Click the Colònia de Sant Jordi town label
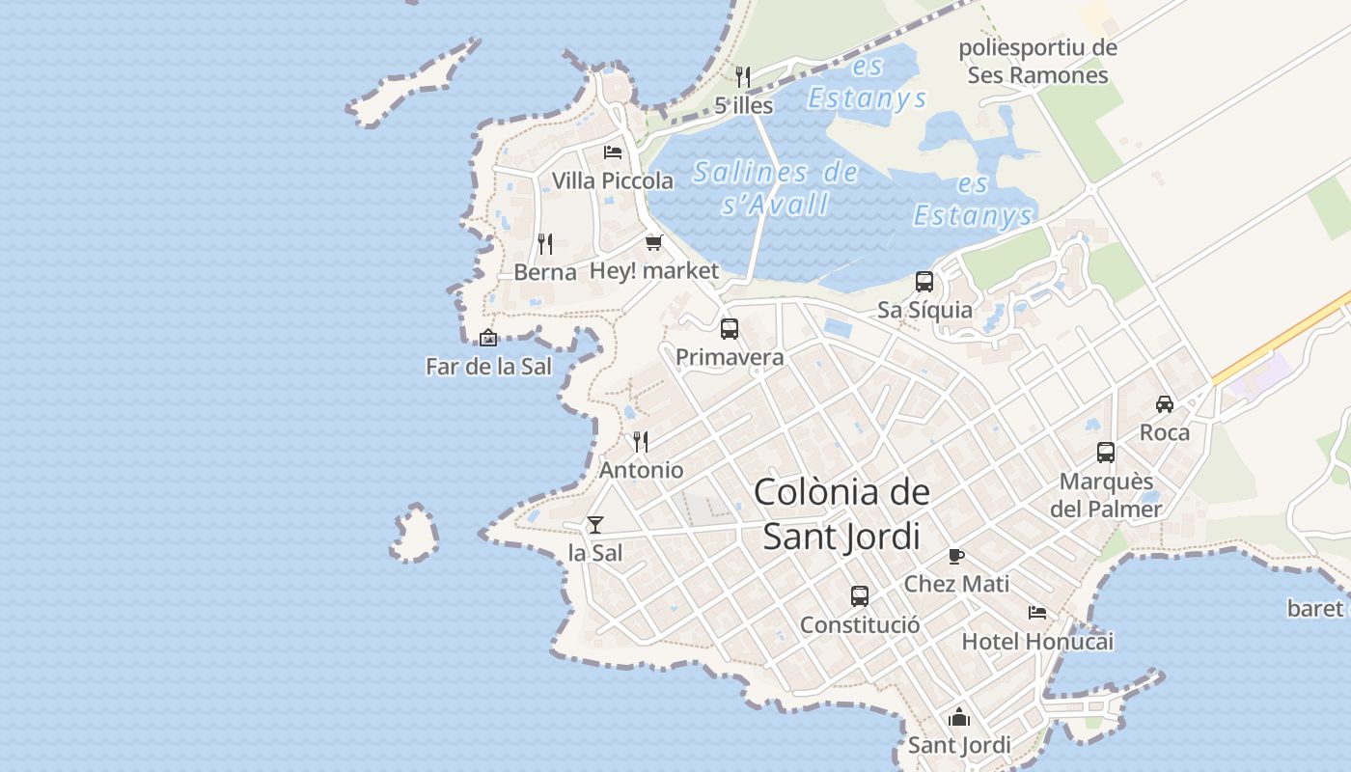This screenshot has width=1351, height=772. click(x=841, y=513)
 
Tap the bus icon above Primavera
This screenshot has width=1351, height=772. click(x=730, y=329)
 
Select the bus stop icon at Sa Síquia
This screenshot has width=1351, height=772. click(x=924, y=282)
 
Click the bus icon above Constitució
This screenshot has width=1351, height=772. click(x=860, y=596)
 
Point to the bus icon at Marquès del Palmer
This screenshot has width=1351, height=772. click(x=1106, y=453)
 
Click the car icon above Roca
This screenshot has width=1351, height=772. click(x=1165, y=403)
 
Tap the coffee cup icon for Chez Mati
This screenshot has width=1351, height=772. click(x=956, y=556)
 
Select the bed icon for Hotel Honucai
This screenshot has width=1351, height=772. click(x=1037, y=613)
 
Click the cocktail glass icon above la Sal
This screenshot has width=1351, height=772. click(x=595, y=525)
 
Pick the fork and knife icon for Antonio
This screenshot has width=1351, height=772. click(x=641, y=442)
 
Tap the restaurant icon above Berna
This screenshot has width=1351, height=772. click(x=545, y=243)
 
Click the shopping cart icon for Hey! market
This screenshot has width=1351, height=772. click(x=654, y=242)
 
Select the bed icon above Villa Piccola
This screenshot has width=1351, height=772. click(x=613, y=152)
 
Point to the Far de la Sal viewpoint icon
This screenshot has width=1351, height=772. click(x=488, y=338)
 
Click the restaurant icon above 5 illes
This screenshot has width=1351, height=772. click(x=743, y=77)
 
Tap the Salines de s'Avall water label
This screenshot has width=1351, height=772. click(x=776, y=188)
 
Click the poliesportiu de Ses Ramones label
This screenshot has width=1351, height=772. click(x=1038, y=62)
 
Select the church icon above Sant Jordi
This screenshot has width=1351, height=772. click(x=959, y=717)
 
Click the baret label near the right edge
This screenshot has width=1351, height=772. click(x=1315, y=609)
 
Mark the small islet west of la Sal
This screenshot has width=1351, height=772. click(x=415, y=533)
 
